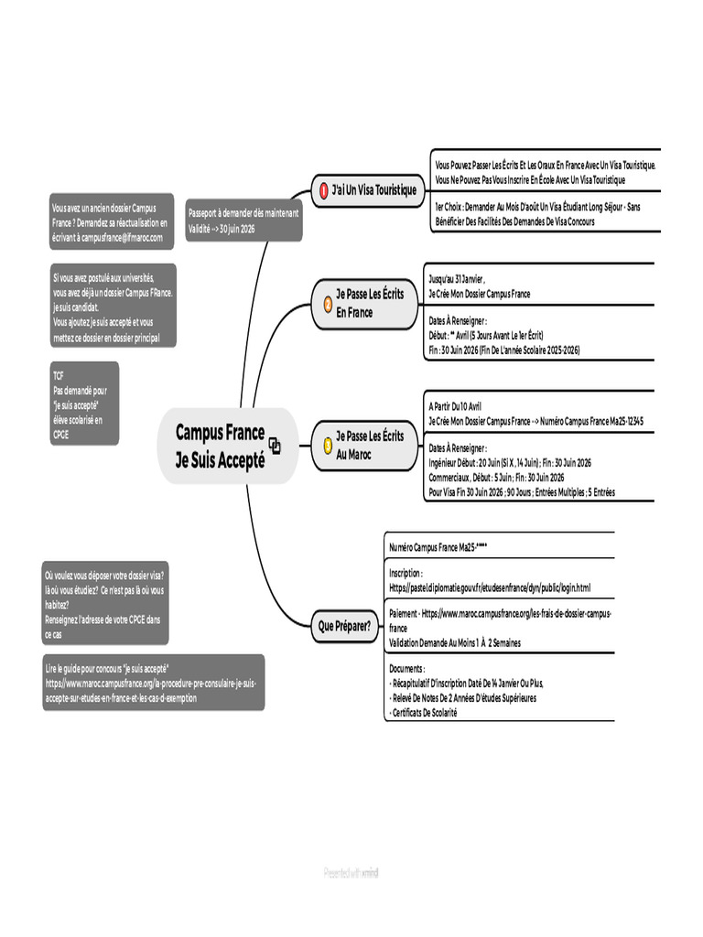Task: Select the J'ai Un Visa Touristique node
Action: pos(366,190)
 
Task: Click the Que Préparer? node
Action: pos(344,627)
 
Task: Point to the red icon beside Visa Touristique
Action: pos(322,190)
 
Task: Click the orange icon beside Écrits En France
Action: pos(328,303)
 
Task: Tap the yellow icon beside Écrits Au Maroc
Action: pos(328,445)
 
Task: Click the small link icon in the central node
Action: pos(275,446)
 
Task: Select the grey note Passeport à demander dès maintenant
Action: pos(242,220)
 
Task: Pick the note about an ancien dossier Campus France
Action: pos(111,222)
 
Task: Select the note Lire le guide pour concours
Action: pos(153,682)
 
